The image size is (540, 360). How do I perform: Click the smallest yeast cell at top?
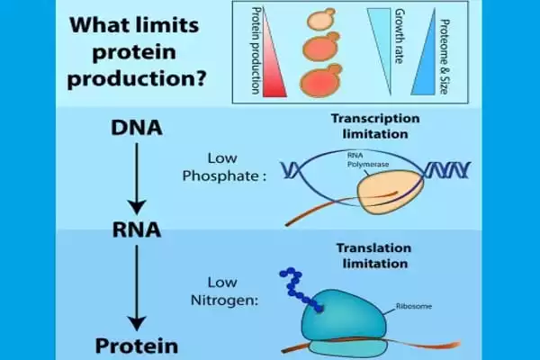point(319,19)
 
